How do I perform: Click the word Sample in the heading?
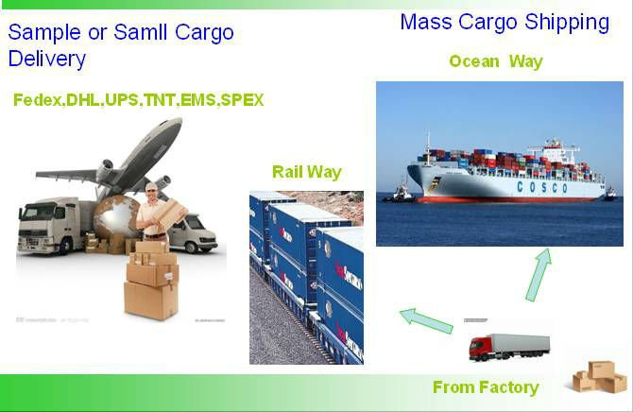(44, 32)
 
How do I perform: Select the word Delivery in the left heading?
(47, 59)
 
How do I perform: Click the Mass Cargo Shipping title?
(505, 23)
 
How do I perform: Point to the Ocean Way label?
(496, 61)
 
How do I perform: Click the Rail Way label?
(307, 172)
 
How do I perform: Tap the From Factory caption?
(486, 387)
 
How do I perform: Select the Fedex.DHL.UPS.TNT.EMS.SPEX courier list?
(139, 100)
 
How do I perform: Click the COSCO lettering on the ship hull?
(542, 187)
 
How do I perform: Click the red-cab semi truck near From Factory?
(509, 347)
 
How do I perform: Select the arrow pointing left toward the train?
(426, 320)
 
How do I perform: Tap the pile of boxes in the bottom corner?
(600, 377)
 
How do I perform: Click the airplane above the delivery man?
(117, 162)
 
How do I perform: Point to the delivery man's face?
(152, 191)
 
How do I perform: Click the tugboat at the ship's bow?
(400, 194)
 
